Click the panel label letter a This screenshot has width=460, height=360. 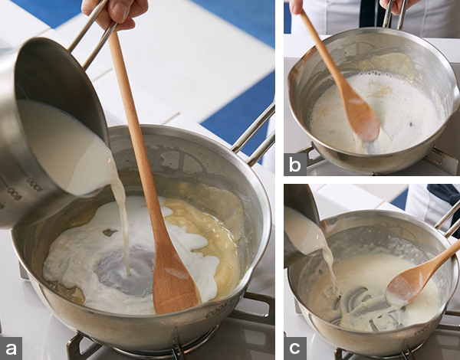[11, 349]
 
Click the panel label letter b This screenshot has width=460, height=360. [295, 165]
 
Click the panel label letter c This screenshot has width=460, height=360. [294, 349]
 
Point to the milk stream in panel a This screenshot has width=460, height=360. [123, 223]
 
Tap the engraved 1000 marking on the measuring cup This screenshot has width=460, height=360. [34, 184]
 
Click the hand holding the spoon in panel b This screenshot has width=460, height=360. [297, 5]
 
